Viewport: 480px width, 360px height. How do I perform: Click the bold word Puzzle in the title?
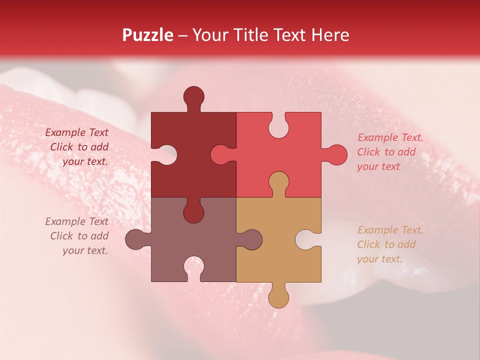pos(148,35)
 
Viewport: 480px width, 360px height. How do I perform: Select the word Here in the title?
pos(330,35)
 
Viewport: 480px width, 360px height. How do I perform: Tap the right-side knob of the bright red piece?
pos(335,155)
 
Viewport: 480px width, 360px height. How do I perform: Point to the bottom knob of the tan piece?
pos(278,296)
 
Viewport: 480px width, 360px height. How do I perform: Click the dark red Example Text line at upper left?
pos(77,132)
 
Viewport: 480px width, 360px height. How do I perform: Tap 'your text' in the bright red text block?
pos(378,166)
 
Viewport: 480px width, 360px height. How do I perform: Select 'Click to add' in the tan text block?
pos(386,244)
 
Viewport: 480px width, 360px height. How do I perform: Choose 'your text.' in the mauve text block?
pos(85,250)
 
